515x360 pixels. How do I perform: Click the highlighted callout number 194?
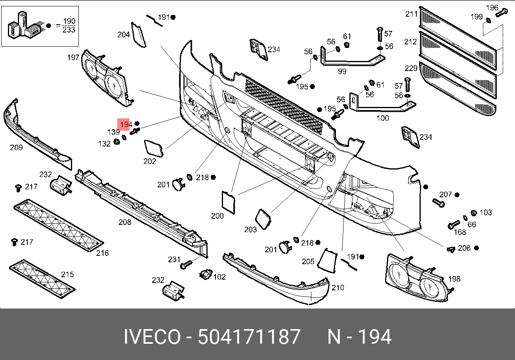[x=126, y=124]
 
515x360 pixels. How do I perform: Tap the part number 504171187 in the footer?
[x=249, y=336]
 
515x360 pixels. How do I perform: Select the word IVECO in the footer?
[x=152, y=336]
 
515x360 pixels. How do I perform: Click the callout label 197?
[x=73, y=57]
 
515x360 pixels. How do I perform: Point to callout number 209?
[x=16, y=147]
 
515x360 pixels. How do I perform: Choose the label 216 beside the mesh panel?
[x=102, y=253]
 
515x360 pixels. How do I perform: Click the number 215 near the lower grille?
[x=67, y=274]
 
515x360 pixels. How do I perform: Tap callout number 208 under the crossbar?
[x=125, y=222]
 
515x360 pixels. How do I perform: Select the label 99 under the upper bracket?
[x=342, y=71]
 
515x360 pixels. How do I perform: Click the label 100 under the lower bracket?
[x=383, y=118]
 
